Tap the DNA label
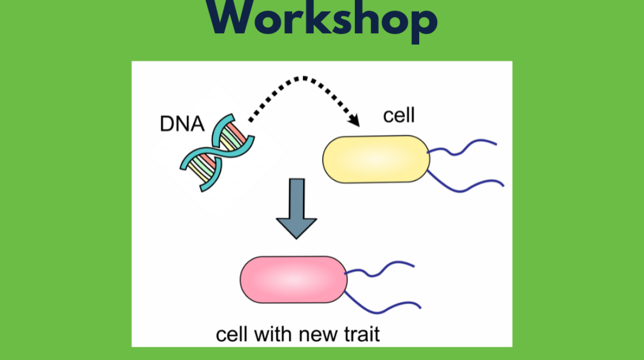(182, 124)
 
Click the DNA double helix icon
(217, 153)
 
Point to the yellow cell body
(376, 159)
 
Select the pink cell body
(293, 279)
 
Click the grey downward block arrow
(296, 208)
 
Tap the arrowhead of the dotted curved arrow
(354, 120)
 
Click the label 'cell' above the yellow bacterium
(399, 116)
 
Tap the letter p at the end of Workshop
(422, 25)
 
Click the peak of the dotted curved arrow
(305, 78)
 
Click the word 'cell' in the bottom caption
(231, 334)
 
